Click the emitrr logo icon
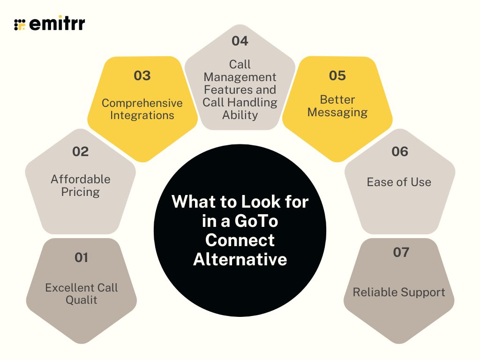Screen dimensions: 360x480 (x=20, y=24)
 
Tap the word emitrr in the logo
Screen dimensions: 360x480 (x=57, y=24)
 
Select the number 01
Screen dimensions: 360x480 (x=81, y=257)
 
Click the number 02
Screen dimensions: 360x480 (x=80, y=151)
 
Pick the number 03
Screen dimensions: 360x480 (x=142, y=75)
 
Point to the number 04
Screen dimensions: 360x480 (x=240, y=41)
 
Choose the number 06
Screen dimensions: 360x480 (x=399, y=151)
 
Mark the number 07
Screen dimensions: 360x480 (x=401, y=252)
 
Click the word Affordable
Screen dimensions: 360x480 (x=81, y=179)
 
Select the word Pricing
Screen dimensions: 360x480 (x=81, y=192)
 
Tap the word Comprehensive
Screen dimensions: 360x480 (x=142, y=103)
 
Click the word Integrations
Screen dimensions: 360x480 (x=142, y=115)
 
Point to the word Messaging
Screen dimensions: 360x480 (x=337, y=112)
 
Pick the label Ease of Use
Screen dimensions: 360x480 (x=399, y=182)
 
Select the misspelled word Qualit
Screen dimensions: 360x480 (x=81, y=300)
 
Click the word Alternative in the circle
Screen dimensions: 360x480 (x=240, y=259)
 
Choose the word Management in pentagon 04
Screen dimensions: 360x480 (x=240, y=77)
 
